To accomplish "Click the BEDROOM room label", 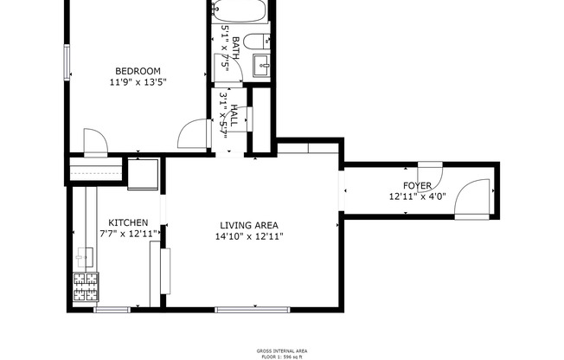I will tap(138, 70).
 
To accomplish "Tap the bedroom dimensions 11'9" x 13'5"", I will tap(138, 82).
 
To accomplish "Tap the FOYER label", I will tap(417, 186).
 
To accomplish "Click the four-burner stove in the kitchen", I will tap(86, 286).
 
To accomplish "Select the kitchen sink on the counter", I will tap(84, 255).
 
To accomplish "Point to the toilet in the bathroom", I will tap(256, 42).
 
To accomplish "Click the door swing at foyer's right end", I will tap(473, 199).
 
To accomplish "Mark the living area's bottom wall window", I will tap(252, 309).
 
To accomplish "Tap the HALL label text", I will tap(233, 117).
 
